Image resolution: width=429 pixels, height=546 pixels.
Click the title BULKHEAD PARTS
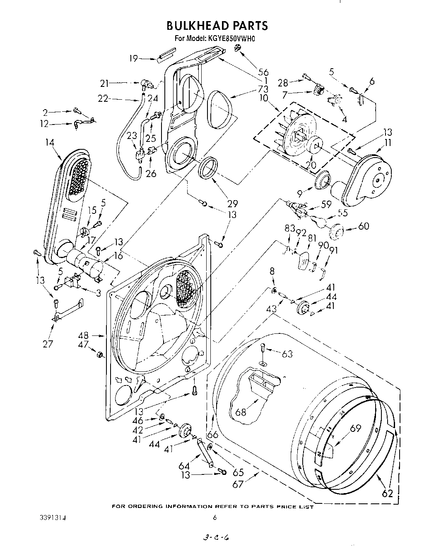pyautogui.click(x=217, y=26)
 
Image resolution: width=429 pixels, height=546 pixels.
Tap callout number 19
pyautogui.click(x=133, y=58)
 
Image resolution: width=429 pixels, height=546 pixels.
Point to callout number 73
pyautogui.click(x=263, y=89)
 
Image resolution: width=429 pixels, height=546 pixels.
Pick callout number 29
pyautogui.click(x=233, y=203)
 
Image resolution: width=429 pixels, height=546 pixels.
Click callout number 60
pyautogui.click(x=364, y=226)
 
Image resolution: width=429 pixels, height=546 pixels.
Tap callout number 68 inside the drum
pyautogui.click(x=241, y=412)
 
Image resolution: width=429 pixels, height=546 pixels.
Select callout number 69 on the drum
pyautogui.click(x=355, y=428)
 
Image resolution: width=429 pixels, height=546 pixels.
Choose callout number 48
pyautogui.click(x=84, y=336)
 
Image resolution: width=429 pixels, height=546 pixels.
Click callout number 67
pyautogui.click(x=238, y=484)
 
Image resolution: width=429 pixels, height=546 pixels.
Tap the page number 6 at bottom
pyautogui.click(x=214, y=517)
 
